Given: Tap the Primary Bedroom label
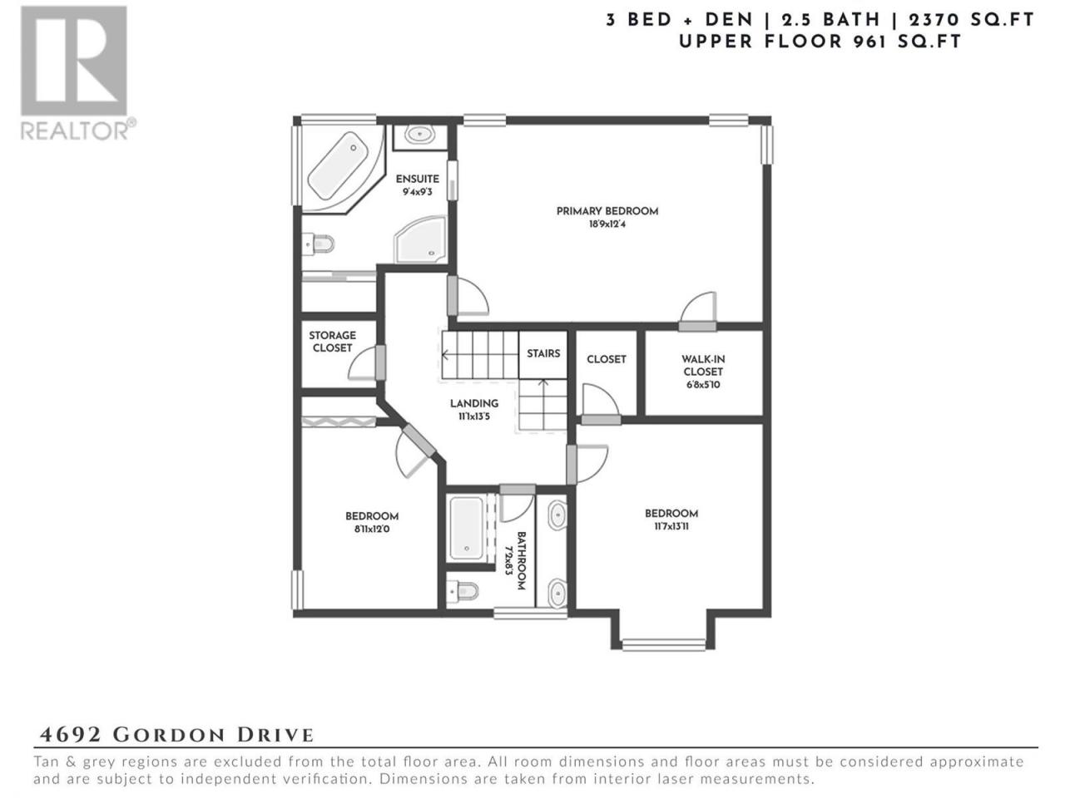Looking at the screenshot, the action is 607,211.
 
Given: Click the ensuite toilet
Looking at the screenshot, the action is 319,244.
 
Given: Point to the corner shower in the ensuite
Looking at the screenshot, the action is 421,240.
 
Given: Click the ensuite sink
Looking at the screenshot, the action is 419,134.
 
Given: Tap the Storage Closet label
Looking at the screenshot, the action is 332,342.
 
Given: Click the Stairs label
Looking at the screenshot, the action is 543,354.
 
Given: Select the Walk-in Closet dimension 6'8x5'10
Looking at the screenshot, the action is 702,385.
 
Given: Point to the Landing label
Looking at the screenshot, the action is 474,403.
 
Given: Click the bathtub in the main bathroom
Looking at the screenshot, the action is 466,528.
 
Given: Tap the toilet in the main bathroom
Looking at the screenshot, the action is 463,591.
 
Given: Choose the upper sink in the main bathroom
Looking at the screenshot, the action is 557,515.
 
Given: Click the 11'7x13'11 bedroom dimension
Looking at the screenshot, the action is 671,526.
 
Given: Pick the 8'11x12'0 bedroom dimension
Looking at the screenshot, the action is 372,530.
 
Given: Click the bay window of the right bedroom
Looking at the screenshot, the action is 663,645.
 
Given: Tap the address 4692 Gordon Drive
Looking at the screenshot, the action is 176,735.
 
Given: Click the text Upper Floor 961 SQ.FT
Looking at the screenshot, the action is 820,42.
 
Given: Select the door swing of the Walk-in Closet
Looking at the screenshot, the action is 699,308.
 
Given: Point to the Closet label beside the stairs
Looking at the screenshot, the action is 606,359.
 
